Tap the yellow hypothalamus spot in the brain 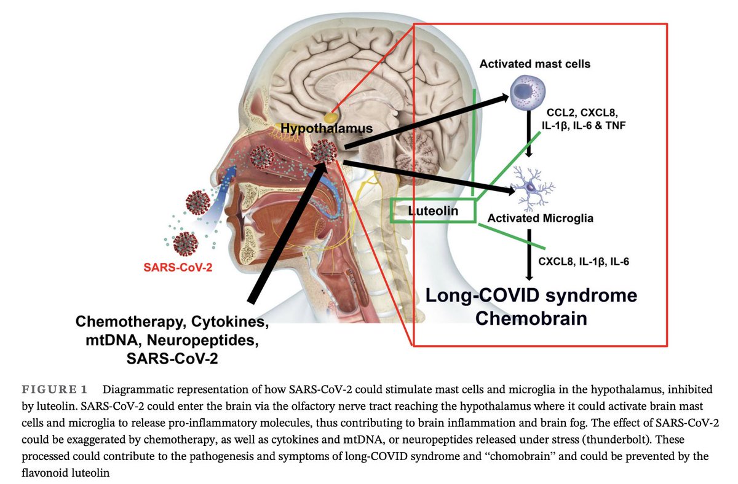click(x=331, y=116)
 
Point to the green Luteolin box click(x=434, y=211)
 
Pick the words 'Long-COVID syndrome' click(x=532, y=296)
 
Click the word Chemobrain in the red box click(x=532, y=318)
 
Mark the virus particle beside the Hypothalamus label click(x=324, y=152)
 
